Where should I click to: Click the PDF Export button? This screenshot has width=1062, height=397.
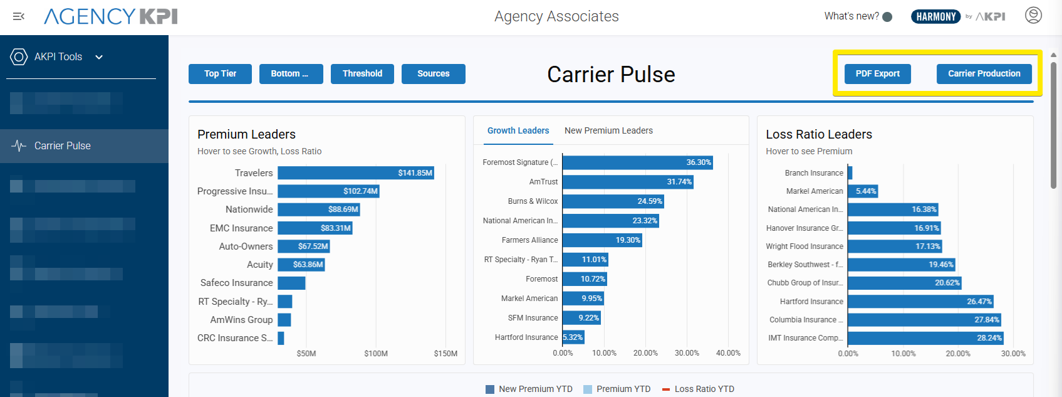pos(877,74)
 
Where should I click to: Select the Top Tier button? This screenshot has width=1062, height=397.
pos(220,74)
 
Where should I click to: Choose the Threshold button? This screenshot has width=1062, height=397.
pos(362,74)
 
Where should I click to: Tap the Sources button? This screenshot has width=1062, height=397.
pos(433,74)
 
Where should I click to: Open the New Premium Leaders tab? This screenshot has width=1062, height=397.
pos(608,130)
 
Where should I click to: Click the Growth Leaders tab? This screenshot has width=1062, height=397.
pos(518,130)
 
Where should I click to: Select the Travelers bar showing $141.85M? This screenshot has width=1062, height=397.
pos(355,173)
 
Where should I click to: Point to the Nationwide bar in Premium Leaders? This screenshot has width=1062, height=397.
pos(318,209)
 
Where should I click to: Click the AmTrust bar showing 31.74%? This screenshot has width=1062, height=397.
pos(627,182)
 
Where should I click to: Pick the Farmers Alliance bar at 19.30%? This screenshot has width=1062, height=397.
pos(601,240)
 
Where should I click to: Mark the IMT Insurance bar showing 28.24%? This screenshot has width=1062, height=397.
pos(925,338)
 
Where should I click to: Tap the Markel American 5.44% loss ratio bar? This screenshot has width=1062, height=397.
pos(862,191)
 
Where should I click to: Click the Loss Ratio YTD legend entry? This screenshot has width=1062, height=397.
pos(698,389)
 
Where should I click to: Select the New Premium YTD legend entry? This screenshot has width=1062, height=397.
pos(529,389)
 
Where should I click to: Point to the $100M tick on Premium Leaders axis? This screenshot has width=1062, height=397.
pos(376,354)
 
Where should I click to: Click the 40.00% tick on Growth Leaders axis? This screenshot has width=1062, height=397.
pos(728,353)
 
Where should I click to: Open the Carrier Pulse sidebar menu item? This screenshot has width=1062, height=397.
pos(62,146)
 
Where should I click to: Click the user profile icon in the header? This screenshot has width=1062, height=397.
pos(1033,15)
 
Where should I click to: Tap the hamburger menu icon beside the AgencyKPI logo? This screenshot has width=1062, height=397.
pos(19,16)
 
